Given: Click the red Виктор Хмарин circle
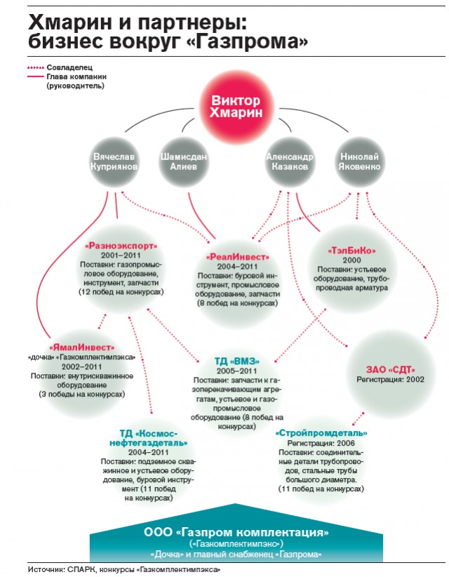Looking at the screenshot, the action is coord(236,107).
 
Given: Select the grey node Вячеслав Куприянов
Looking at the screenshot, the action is coord(114,162).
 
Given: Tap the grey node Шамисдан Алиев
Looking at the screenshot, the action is coord(184,162).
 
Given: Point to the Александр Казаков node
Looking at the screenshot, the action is coord(290,162).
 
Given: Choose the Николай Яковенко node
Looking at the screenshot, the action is coord(359,162).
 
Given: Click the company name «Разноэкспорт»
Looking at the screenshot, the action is coord(121,246).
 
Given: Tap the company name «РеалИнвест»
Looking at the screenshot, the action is coord(237,257).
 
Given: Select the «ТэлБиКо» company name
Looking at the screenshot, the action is coord(351,251).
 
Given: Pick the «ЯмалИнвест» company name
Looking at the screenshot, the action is coord(81,347).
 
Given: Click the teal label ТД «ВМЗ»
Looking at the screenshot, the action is coord(236,361).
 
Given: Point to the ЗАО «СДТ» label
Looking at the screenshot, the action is coord(390,369).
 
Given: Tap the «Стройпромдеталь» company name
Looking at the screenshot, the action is coord(321,433).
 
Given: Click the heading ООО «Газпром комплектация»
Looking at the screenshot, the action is coord(236,532).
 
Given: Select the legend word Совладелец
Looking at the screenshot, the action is coord(69,67).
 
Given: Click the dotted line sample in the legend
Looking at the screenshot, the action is coord(36,67).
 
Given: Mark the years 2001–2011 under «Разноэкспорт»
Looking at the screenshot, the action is coord(121,256).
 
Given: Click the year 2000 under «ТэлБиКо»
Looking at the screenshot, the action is coord(351,260).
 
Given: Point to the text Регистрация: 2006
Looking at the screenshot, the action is coord(321,443).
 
